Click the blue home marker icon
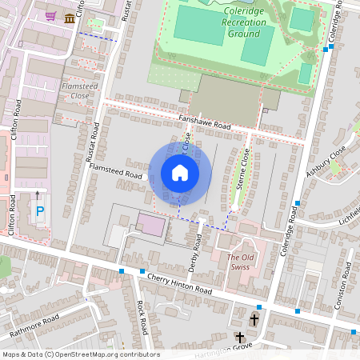click(x=180, y=172)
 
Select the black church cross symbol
click(x=254, y=319)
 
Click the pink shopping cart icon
click(x=51, y=16)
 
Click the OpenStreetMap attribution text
click(x=80, y=354)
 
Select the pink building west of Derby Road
click(x=150, y=224)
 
